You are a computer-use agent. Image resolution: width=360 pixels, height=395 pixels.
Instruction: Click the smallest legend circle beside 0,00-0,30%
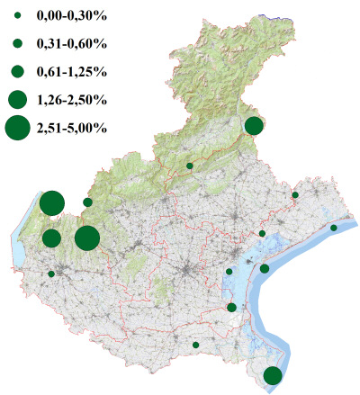[x=17, y=15]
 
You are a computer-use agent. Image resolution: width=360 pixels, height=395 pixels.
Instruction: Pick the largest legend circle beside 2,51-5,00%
[x=17, y=129]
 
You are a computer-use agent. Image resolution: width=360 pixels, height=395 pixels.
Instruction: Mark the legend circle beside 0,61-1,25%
[x=17, y=71]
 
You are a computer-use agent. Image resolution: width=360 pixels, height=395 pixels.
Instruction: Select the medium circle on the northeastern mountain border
[x=254, y=125]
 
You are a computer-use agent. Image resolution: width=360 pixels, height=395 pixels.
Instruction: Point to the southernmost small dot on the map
[x=195, y=345]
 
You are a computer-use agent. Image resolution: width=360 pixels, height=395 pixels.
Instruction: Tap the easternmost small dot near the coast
[x=334, y=228]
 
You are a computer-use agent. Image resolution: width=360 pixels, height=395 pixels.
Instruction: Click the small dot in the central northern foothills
[x=189, y=166]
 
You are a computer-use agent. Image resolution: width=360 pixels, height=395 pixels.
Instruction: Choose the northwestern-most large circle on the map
[x=51, y=203]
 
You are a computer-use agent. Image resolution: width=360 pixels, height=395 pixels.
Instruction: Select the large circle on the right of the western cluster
[x=87, y=238]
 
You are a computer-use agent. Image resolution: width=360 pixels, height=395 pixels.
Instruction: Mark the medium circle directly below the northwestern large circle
[x=51, y=238]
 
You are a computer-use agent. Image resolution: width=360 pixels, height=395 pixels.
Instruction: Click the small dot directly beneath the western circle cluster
[x=51, y=274]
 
